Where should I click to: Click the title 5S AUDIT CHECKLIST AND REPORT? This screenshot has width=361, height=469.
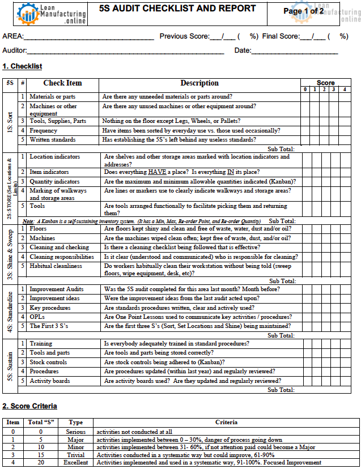(x=177, y=9)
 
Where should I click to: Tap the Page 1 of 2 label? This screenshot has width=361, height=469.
(x=303, y=11)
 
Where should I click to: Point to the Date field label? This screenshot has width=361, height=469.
(x=243, y=51)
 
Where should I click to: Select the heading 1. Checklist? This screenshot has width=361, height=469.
(x=22, y=66)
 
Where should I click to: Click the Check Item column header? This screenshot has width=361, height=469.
(x=62, y=83)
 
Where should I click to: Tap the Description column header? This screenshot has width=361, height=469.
(x=199, y=83)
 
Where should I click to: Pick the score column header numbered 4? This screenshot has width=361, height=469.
(x=344, y=89)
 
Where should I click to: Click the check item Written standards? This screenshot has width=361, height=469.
(x=52, y=139)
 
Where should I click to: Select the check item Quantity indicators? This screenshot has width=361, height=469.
(x=54, y=182)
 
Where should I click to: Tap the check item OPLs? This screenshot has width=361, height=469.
(x=37, y=317)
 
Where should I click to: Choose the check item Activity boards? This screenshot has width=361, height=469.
(x=50, y=381)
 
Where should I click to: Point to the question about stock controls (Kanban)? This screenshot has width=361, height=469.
(x=164, y=362)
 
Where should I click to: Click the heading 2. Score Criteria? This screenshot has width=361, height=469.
(x=29, y=406)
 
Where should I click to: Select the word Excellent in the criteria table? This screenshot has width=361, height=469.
(x=75, y=462)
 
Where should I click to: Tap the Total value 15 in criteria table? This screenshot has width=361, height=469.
(x=40, y=454)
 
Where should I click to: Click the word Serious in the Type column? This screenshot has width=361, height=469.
(x=75, y=431)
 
